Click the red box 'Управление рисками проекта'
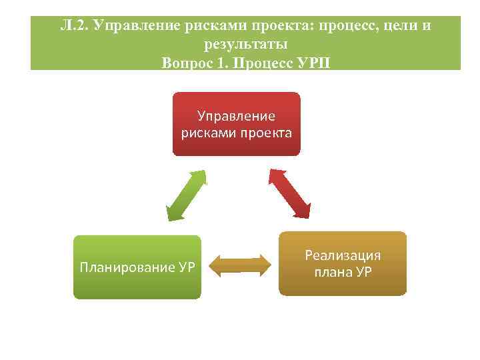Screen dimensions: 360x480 237,124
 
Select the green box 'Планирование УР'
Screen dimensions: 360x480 137,267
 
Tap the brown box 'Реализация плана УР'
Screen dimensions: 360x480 342,263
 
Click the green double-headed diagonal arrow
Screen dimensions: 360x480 186,195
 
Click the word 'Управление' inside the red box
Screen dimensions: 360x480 237,116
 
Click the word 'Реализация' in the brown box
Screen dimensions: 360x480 343,255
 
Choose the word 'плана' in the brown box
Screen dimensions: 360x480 330,272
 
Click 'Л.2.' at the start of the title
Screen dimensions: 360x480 73,27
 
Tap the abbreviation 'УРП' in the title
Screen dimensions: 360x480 316,63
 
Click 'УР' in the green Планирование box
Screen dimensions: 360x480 187,269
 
